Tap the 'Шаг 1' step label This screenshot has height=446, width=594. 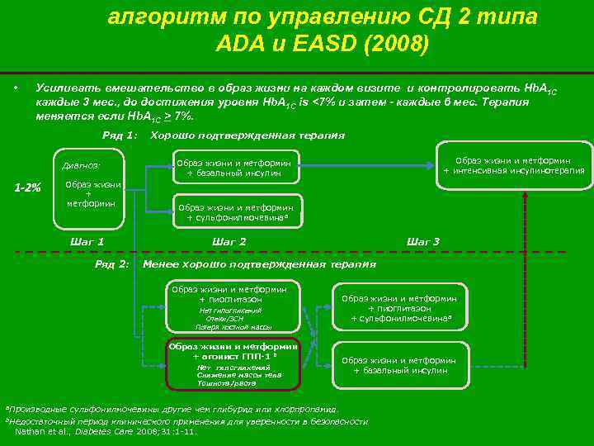pos(88,241)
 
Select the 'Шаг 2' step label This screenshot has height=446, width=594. pos(229,241)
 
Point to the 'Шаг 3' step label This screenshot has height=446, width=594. pos(423,241)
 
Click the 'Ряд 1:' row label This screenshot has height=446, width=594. pos(119,135)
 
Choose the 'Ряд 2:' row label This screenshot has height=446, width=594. pos(113,264)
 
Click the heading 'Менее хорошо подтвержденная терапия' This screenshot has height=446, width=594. pos(259,264)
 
